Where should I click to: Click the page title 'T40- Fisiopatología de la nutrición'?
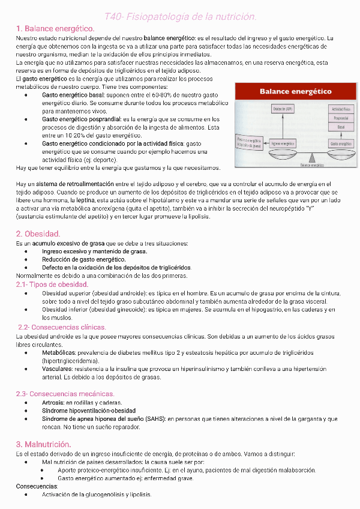coord(180,16)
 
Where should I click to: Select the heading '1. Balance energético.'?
coord(55,28)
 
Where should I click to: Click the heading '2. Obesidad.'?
coord(38,233)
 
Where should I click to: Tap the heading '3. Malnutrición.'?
coord(43,444)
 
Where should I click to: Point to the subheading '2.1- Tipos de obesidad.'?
coord(52,284)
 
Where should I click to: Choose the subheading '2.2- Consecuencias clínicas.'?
coord(62,327)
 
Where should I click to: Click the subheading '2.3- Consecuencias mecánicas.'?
coord(65,394)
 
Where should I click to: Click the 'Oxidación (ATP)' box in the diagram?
coord(283,109)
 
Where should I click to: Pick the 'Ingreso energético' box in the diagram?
coord(283,144)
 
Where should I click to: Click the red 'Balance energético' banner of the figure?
coord(295,91)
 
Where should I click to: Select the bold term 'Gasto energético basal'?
coord(70,95)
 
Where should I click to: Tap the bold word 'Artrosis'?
coord(53,402)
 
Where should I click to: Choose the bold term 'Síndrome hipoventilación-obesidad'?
coord(89,411)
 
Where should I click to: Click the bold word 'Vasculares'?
coord(58,369)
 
